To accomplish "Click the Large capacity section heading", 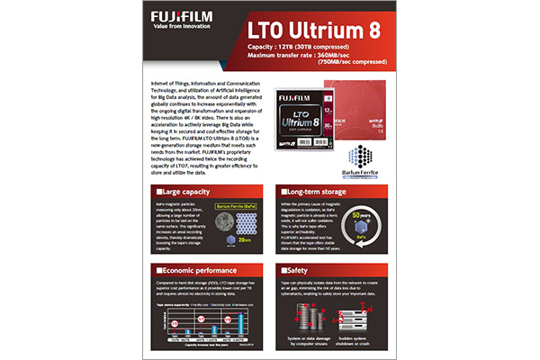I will pyautogui.click(x=184, y=192).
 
